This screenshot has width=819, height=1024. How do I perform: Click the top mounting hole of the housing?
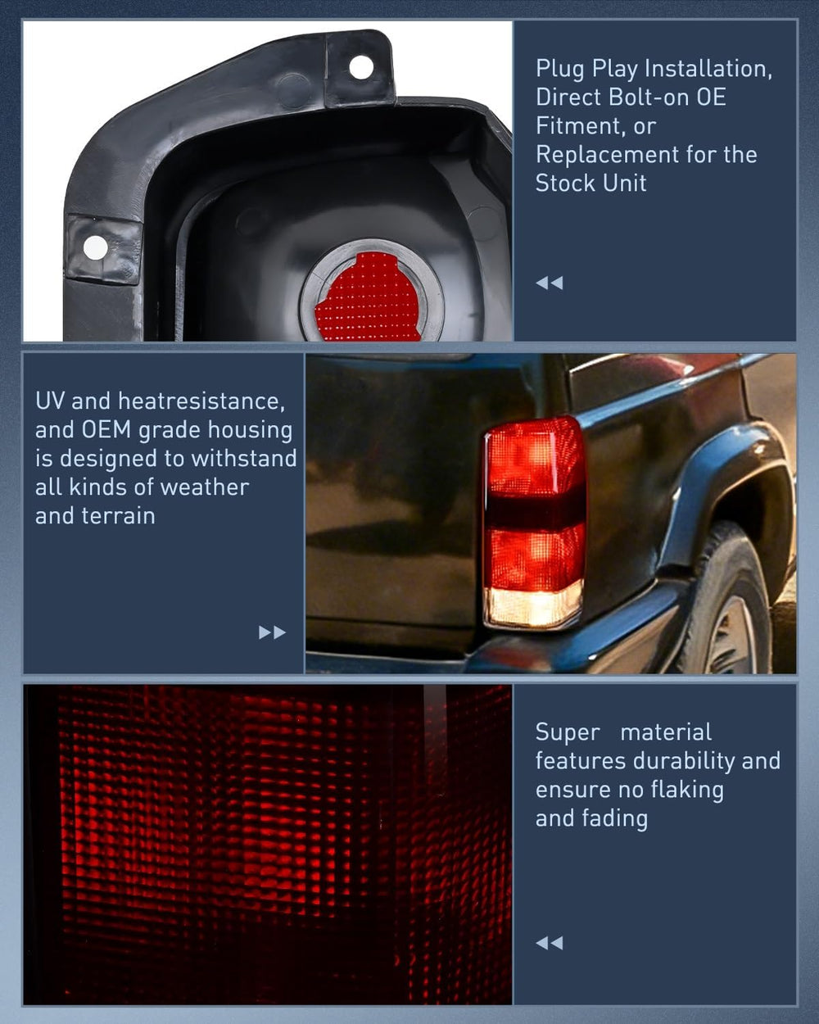[361, 67]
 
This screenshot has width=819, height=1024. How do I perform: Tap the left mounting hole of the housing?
[95, 248]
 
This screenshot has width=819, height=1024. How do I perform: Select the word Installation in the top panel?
[708, 69]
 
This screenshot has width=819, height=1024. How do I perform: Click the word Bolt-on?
[645, 97]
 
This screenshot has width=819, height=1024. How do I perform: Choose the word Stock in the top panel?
[565, 184]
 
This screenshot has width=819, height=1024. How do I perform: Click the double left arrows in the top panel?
[550, 283]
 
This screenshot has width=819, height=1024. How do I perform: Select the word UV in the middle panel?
[49, 401]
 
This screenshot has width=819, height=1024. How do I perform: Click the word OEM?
[106, 430]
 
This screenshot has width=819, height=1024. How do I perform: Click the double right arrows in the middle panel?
[272, 632]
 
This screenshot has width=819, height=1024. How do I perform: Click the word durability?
[683, 761]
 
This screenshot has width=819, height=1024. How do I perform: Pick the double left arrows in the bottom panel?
[550, 943]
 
